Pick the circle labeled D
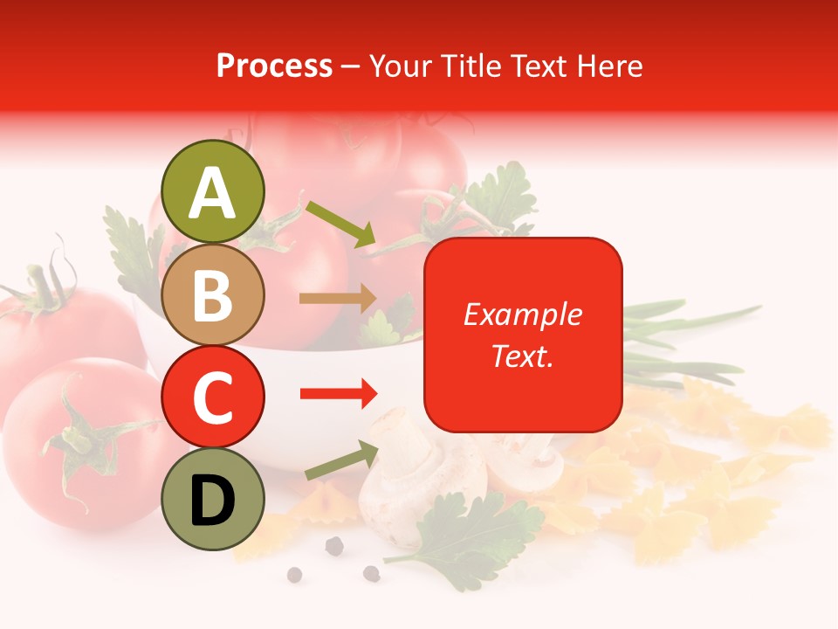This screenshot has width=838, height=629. pos(213,499)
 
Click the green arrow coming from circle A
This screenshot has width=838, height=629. pos(340,223)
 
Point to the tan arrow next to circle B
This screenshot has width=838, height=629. pos(338,298)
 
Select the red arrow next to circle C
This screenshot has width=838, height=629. pos(338,394)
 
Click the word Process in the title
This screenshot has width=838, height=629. pos(274,66)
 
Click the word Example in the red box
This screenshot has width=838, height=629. pos(523,314)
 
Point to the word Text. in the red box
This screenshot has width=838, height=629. pos(523,356)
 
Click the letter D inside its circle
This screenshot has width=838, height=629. pos(213,501)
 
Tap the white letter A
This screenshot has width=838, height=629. pos(213,193)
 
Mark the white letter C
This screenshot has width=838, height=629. pos(213,398)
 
